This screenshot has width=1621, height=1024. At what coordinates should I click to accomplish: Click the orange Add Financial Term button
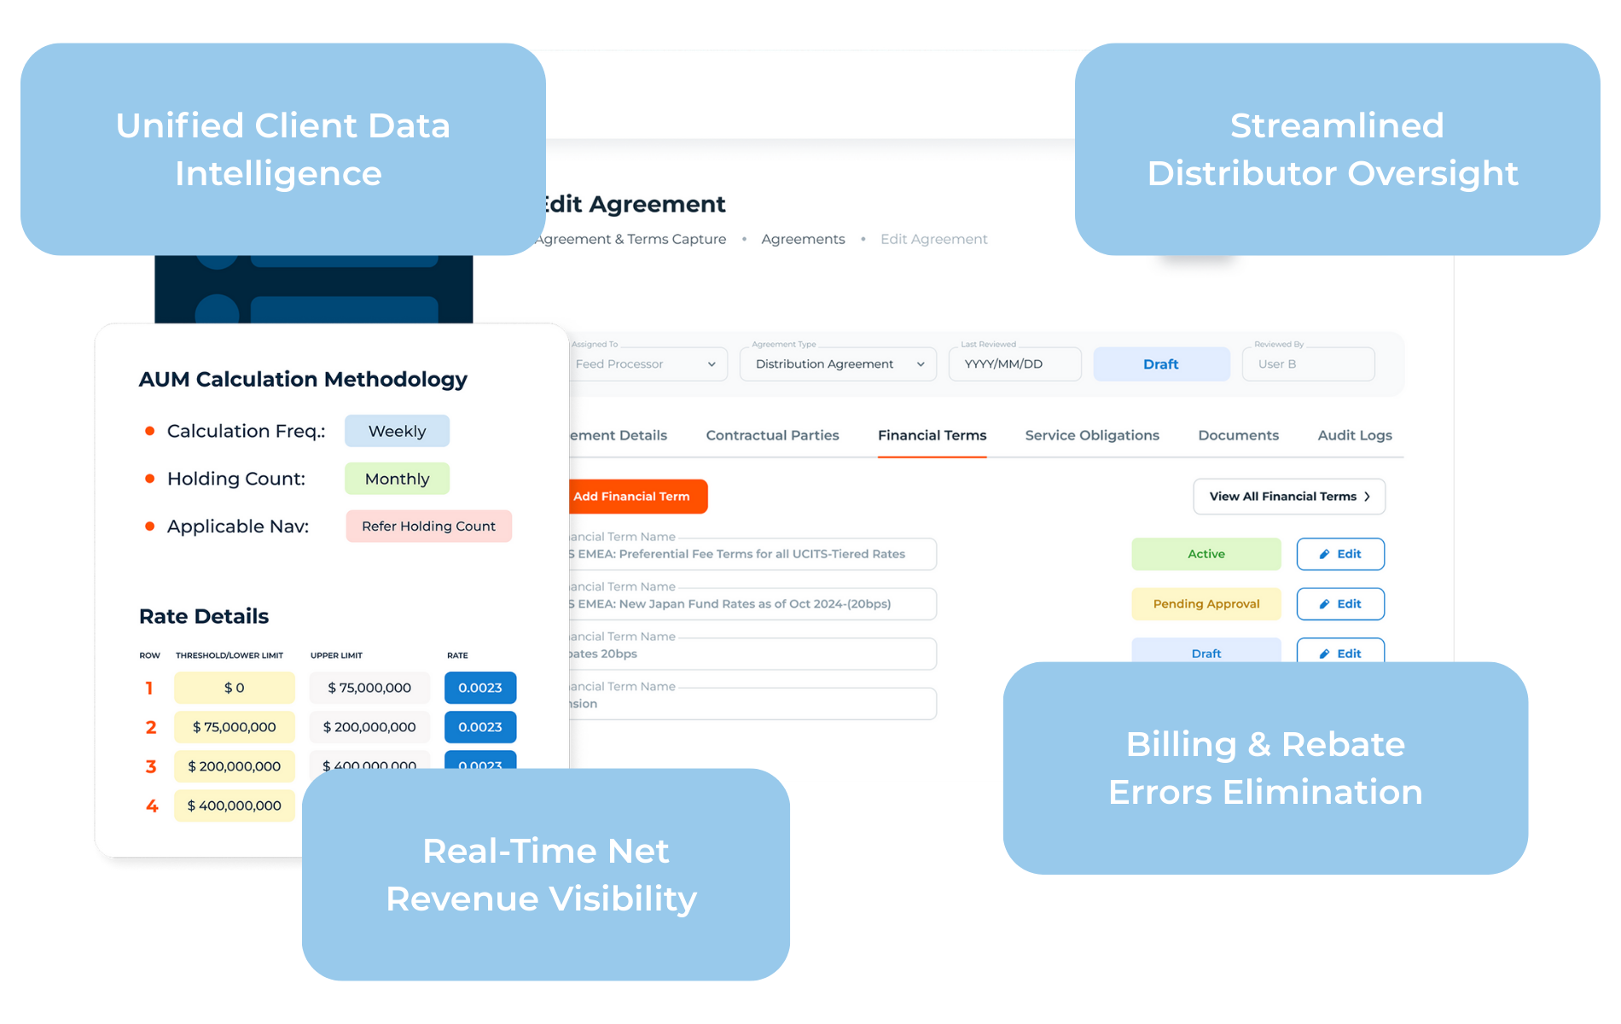point(636,497)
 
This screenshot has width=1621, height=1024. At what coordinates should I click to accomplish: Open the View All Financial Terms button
point(1288,497)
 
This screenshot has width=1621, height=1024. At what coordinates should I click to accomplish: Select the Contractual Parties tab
point(772,435)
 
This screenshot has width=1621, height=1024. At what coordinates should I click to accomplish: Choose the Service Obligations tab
point(1092,435)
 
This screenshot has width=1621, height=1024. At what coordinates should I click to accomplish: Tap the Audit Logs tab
point(1354,435)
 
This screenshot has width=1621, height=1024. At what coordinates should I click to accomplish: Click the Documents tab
point(1238,435)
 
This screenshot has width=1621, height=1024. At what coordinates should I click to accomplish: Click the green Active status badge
point(1206,554)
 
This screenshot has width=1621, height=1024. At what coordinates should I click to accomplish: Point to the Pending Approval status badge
point(1206,604)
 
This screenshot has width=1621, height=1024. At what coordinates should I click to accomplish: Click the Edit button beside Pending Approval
point(1339,604)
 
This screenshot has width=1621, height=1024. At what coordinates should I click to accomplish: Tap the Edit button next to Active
point(1339,554)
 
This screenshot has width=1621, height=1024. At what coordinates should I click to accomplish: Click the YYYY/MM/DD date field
point(1014,364)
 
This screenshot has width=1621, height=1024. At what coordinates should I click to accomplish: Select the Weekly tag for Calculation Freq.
point(397,431)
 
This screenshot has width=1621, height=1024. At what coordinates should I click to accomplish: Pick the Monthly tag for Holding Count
point(397,479)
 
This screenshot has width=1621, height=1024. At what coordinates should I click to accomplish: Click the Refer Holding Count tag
point(428,527)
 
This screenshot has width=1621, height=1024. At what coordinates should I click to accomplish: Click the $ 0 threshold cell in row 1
point(234,688)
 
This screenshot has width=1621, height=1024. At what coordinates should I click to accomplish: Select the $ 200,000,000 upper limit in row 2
point(369,727)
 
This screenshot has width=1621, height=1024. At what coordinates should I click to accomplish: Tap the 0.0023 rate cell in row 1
point(479,688)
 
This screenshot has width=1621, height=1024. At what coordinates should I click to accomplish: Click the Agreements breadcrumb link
point(803,239)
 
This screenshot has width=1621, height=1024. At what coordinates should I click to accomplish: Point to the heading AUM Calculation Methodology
point(303,379)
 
